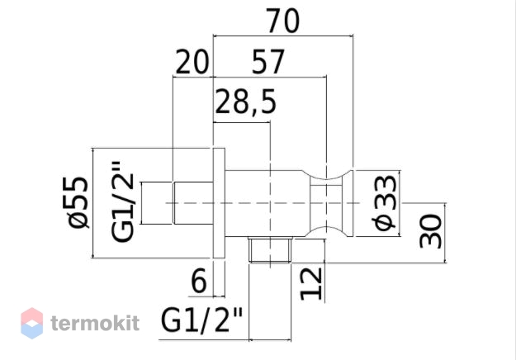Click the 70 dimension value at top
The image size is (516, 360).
(282, 21)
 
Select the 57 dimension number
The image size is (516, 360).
(267, 62)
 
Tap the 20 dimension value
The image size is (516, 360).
(192, 62)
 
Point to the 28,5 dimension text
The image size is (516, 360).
(245, 102)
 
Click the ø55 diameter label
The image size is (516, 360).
(77, 202)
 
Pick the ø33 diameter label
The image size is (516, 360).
(385, 202)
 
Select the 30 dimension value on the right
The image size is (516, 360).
(430, 231)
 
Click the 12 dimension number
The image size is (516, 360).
(311, 284)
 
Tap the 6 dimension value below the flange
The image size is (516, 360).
(199, 281)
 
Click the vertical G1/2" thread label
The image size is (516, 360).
(123, 201)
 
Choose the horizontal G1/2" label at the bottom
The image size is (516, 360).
(201, 320)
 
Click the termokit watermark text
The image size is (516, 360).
(95, 323)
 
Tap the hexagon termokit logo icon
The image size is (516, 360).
(32, 323)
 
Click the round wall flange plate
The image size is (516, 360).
(219, 203)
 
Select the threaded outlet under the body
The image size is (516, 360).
(270, 249)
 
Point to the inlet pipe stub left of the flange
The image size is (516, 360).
(193, 203)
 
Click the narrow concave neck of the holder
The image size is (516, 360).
(326, 203)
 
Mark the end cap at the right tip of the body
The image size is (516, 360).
(348, 203)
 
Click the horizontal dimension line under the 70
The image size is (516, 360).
(283, 35)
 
